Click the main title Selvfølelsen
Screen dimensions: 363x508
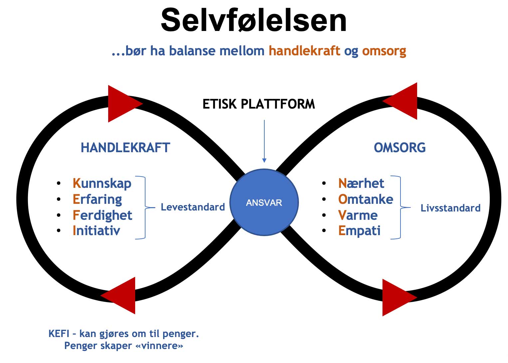tap(254, 21)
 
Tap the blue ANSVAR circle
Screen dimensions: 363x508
tap(264, 202)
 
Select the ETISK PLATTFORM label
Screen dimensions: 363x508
tap(259, 104)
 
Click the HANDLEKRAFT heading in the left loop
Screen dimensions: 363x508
tap(126, 148)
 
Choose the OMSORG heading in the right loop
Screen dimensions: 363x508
tap(399, 148)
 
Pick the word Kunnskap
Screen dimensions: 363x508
tap(102, 183)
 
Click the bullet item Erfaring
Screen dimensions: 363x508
tap(97, 199)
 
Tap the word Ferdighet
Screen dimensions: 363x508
tap(102, 215)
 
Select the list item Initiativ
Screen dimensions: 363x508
tap(96, 230)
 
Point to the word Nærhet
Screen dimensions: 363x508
tap(361, 183)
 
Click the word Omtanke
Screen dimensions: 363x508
tap(366, 199)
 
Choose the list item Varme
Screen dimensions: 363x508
tap(358, 215)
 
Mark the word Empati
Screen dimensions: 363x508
tap(359, 230)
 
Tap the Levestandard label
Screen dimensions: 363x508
tap(193, 207)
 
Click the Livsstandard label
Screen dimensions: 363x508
tap(450, 208)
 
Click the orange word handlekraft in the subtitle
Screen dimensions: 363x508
tap(304, 51)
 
